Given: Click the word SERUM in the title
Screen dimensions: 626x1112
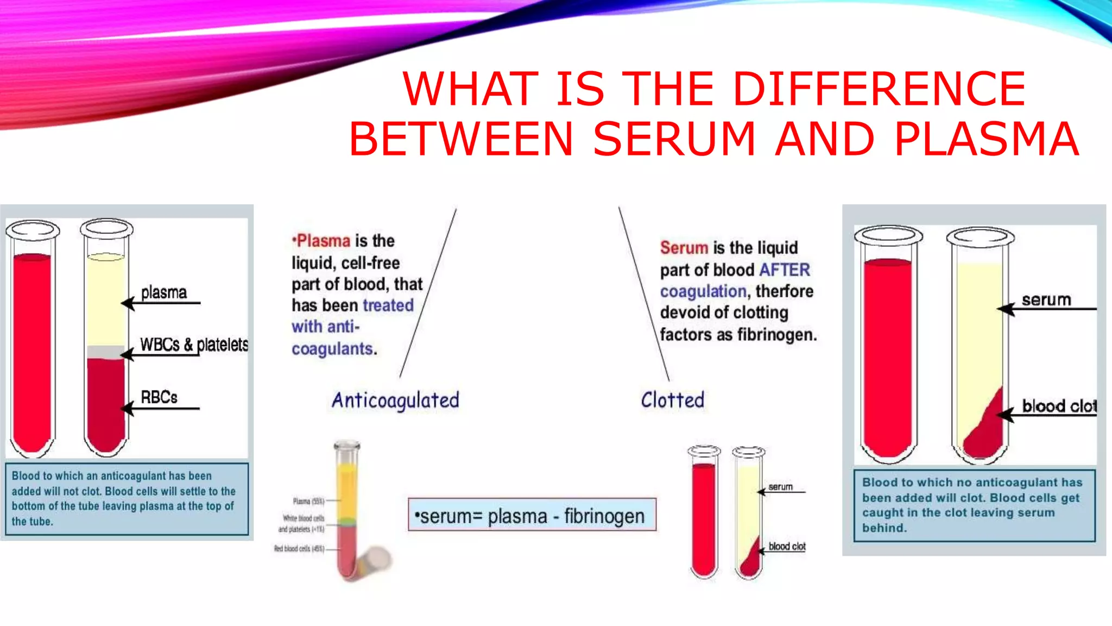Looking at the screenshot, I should coord(674,139).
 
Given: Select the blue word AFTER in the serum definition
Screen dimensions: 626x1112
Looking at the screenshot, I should coord(785,270).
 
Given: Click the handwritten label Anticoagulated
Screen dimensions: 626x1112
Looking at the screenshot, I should coord(395,400).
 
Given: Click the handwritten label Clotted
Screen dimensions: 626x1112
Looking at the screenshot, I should coord(672,400).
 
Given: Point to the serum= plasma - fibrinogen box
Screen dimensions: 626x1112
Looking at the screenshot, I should coord(532,515).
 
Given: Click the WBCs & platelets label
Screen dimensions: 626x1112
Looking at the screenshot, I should coord(194,345).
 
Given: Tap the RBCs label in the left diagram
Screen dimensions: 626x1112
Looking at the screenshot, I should coord(159,397).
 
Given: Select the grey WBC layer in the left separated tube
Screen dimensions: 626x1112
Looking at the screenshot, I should coord(105,352).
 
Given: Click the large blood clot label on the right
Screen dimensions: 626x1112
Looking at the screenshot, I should coord(1059,406).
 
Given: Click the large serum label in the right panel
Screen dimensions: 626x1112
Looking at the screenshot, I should coord(1046,299).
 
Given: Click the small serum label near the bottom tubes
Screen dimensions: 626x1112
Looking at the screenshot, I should coord(780,487).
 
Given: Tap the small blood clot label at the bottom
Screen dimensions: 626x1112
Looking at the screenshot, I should coord(787,546).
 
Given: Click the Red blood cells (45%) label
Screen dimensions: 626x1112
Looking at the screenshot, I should coord(299,549).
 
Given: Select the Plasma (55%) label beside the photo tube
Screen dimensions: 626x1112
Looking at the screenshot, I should coord(308,501).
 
